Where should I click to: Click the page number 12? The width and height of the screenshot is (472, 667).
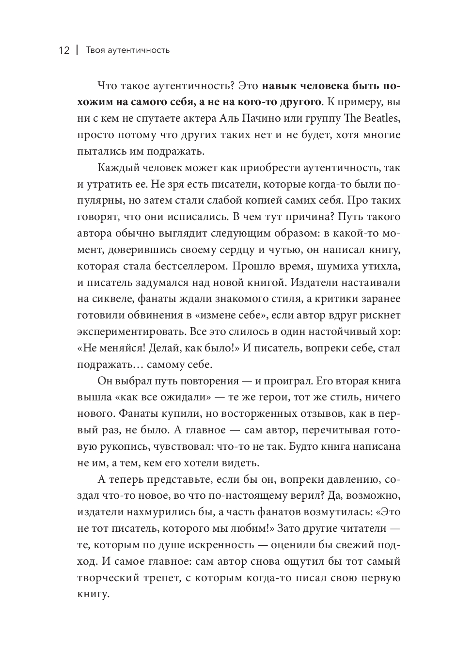64,50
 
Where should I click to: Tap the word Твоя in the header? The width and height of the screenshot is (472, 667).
95,50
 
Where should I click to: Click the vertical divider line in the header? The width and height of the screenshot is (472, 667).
77,50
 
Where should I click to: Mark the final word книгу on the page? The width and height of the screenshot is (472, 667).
92,594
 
